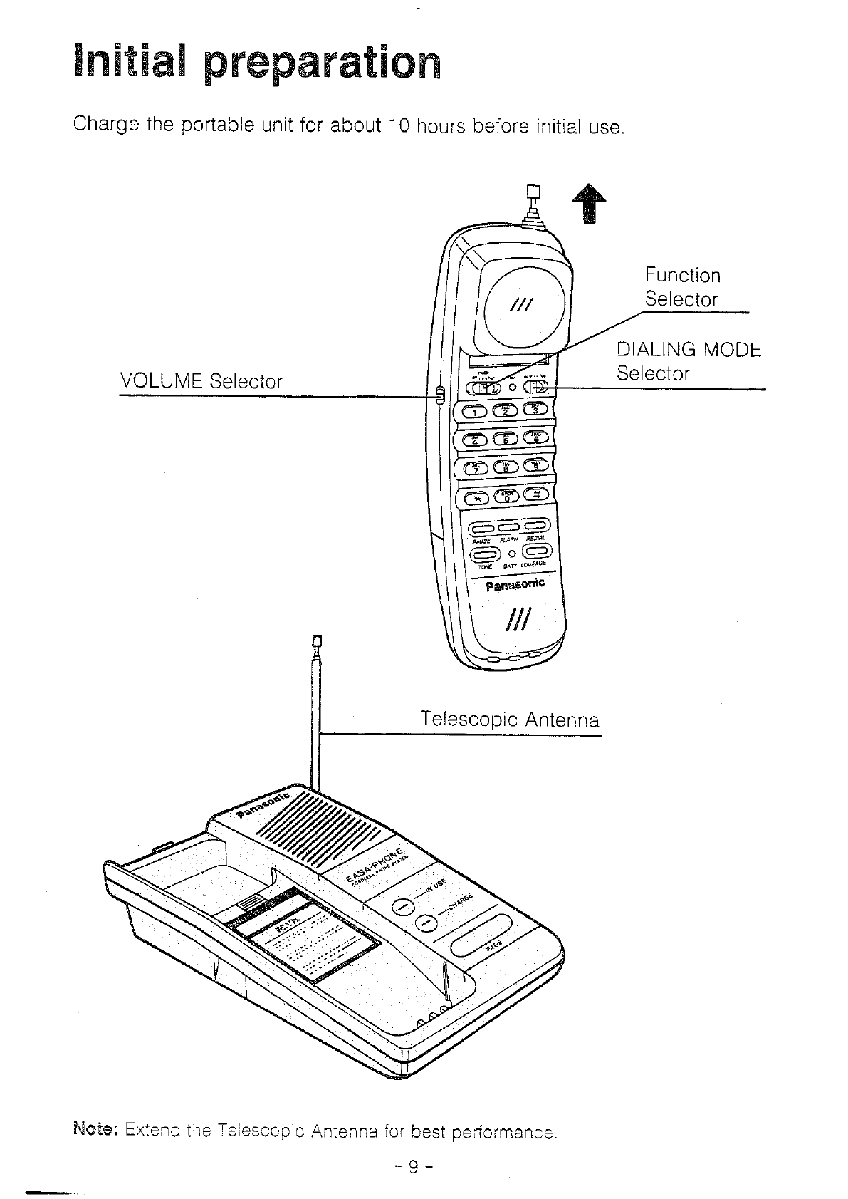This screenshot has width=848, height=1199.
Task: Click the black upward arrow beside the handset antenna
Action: click(x=588, y=202)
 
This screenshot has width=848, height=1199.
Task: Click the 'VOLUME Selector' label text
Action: click(x=201, y=381)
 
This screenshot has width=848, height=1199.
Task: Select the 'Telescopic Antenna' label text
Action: click(x=510, y=719)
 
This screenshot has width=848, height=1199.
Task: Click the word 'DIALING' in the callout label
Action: click(x=656, y=350)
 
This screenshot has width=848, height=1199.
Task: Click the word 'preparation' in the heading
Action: click(x=321, y=63)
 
